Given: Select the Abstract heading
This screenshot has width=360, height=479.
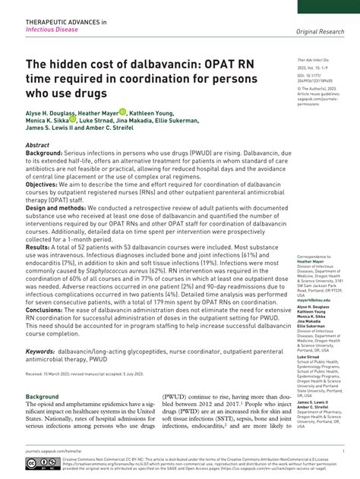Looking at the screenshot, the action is point(37,144).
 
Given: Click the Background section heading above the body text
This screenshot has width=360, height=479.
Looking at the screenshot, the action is point(42,397).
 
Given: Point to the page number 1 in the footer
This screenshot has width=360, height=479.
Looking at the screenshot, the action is point(343,449).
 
